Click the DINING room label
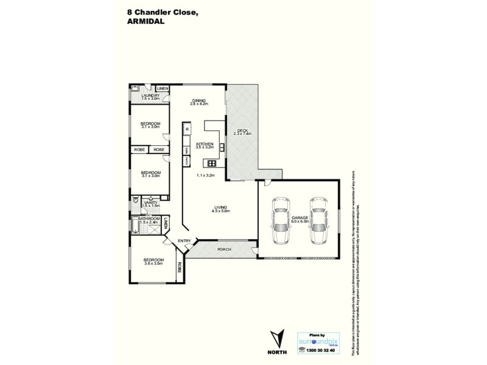pos(199,102)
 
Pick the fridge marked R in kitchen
pos(187,130)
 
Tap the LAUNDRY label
pos(150,96)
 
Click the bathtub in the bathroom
pos(135,228)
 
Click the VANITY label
pos(150,204)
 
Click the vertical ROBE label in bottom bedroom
pos(179,266)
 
